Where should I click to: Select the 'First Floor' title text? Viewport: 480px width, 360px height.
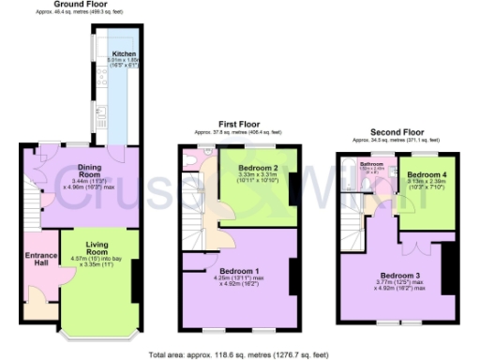coord(238,124)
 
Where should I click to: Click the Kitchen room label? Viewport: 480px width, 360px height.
coord(124,55)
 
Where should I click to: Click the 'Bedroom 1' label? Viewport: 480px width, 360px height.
coord(234,271)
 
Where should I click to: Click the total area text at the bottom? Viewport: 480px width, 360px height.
coord(239,354)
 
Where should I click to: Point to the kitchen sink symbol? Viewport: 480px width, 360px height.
coord(99,115)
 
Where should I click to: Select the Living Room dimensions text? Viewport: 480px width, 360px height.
coord(97,261)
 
